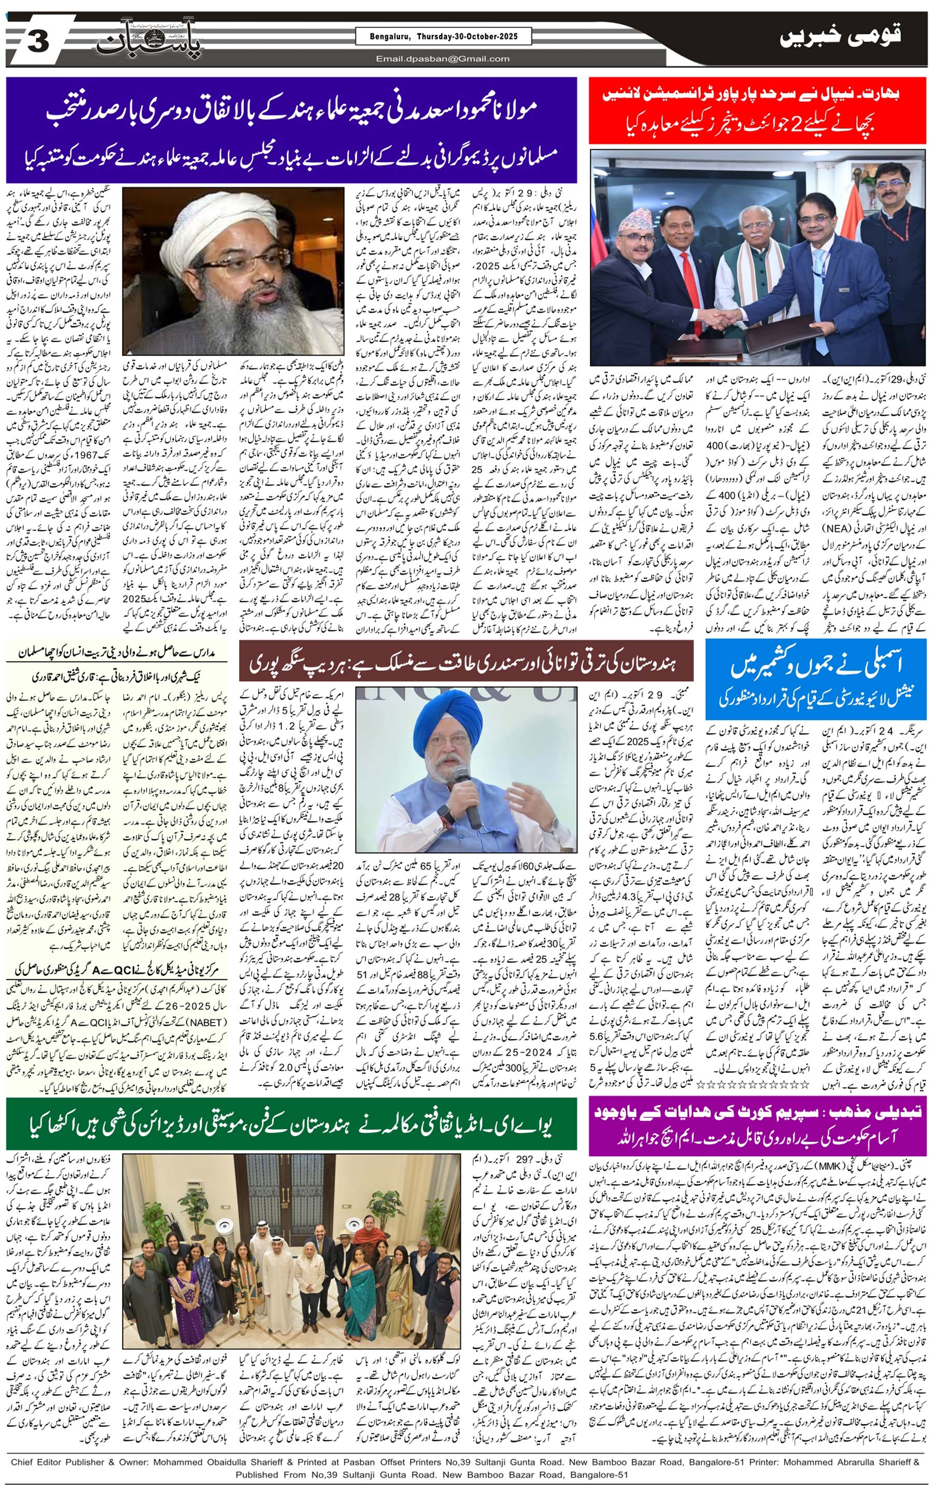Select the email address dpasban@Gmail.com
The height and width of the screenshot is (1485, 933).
tap(443, 59)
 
